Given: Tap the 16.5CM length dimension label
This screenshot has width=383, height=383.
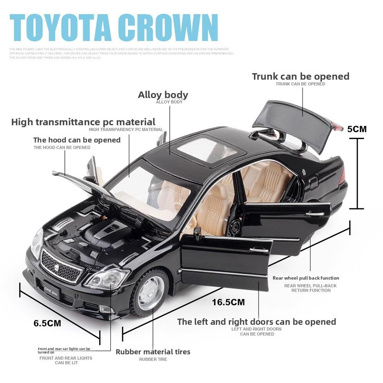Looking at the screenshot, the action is pyautogui.click(x=228, y=302).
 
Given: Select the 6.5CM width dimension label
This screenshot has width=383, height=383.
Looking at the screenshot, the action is pyautogui.click(x=47, y=323).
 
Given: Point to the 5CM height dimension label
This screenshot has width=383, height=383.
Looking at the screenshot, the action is pyautogui.click(x=357, y=129).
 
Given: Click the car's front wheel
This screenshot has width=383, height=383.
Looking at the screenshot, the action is pyautogui.click(x=151, y=293).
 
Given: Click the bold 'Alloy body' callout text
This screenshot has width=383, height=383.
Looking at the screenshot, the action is pyautogui.click(x=163, y=95).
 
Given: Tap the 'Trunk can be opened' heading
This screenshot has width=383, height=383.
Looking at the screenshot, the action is pyautogui.click(x=300, y=76).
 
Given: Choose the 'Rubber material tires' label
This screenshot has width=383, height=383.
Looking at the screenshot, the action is pyautogui.click(x=153, y=352).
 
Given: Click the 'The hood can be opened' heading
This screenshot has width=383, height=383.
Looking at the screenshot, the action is pyautogui.click(x=77, y=140).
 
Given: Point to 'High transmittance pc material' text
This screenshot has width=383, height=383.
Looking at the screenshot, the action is pyautogui.click(x=83, y=122).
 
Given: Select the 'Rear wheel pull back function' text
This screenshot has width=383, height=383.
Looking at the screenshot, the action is pyautogui.click(x=306, y=278).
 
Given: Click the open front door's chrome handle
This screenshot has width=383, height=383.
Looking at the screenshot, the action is pyautogui.click(x=259, y=250).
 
